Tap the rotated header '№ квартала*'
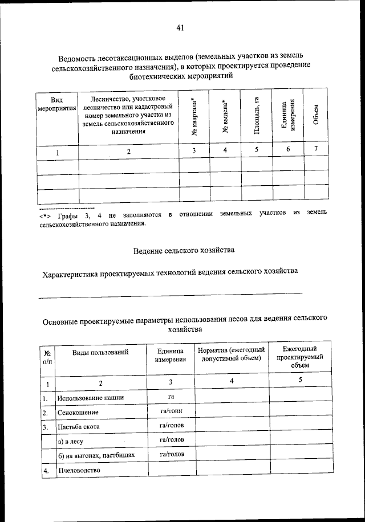coord(195,117)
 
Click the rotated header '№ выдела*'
coord(225,117)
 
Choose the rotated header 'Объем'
coord(317,117)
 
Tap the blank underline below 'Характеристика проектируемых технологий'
coord(170,293)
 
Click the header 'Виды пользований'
coord(100,352)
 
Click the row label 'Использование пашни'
coord(90,398)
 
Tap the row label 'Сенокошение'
coord(78,412)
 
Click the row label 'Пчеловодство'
coord(79,470)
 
